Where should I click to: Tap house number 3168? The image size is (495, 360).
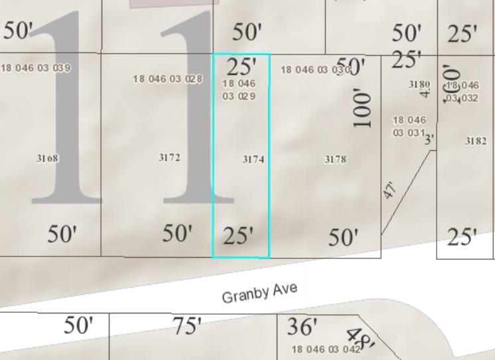(47, 159)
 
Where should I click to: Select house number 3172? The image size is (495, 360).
(169, 157)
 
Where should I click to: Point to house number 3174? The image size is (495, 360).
(253, 159)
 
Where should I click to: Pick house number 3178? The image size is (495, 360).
(335, 159)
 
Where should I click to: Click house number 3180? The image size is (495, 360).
(419, 84)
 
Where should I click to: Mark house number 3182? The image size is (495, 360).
(476, 141)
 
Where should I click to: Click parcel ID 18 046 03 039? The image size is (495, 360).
(36, 68)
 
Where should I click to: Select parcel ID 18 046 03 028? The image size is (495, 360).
(168, 79)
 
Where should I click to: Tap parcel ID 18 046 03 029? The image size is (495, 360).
(239, 90)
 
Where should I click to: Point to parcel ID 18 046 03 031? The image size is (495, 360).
(409, 126)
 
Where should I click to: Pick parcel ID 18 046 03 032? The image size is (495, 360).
(462, 92)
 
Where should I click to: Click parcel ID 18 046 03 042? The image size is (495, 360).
(326, 349)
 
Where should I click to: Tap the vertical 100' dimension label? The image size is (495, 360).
(362, 108)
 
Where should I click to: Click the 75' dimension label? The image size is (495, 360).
(187, 326)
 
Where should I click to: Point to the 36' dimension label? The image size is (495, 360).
(303, 326)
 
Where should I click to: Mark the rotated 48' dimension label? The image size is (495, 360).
(362, 338)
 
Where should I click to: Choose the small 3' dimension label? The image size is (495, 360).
(429, 139)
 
